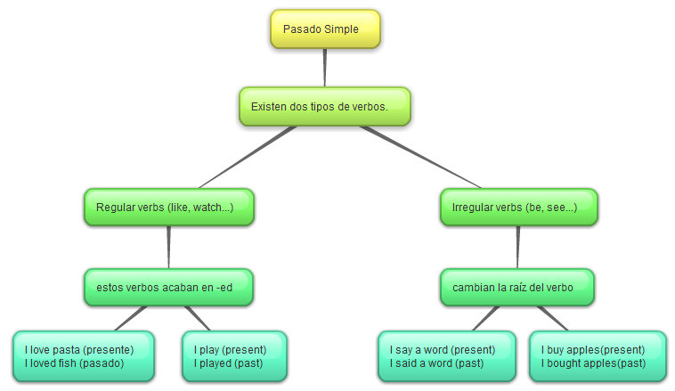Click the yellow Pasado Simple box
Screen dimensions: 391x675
325,29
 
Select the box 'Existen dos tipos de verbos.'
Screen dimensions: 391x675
324,106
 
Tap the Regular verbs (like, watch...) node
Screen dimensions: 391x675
168,207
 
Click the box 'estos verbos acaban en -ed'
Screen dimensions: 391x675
168,287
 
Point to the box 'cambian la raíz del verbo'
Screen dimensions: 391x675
517,287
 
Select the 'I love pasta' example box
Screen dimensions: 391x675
84,356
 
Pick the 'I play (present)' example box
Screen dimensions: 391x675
234,356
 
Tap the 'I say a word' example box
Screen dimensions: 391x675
447,356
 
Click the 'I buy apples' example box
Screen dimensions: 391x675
598,356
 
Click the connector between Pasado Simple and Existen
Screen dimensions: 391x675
325,68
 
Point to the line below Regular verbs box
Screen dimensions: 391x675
168,247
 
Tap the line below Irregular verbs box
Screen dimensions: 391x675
517,247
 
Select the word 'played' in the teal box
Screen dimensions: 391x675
217,363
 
